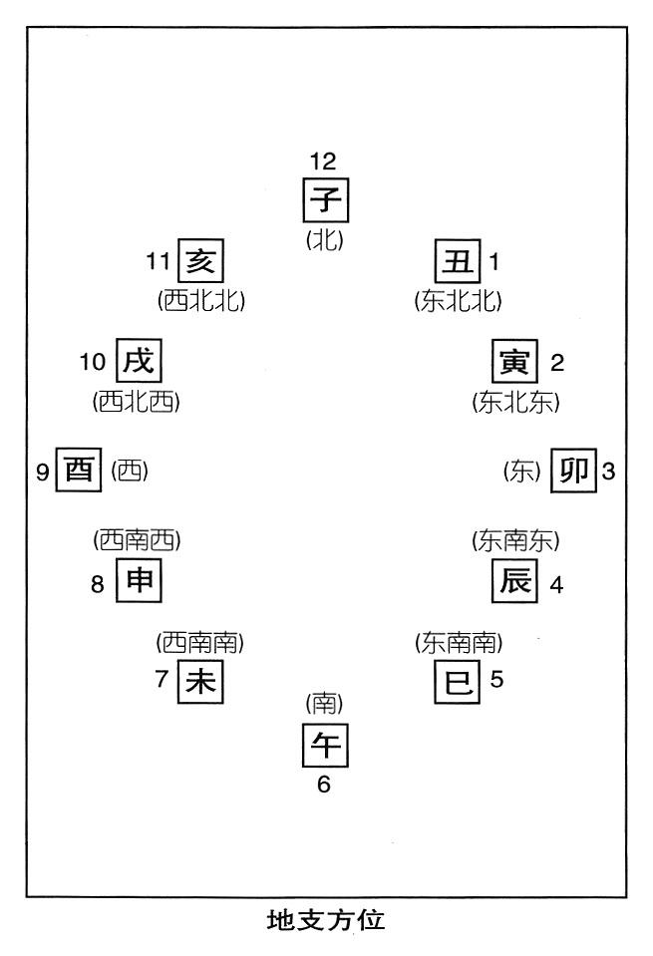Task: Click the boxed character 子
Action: coord(326,200)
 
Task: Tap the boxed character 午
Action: coord(326,745)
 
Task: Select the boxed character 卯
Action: coord(573,471)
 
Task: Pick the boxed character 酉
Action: coord(79,470)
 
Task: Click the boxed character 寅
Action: coord(515,362)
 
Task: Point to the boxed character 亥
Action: coord(200,261)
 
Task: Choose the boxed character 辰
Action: coord(515,580)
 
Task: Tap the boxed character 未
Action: coord(200,681)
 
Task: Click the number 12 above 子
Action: coord(323,161)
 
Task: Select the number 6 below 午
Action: coord(324,785)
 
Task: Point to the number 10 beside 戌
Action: coord(93,362)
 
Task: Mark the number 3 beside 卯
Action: coord(608,472)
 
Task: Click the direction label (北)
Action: coord(324,240)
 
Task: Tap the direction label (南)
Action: coord(324,704)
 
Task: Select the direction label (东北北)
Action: coord(458,301)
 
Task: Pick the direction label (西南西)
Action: coord(138,540)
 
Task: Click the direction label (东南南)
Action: coord(459,643)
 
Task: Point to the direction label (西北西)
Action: coord(137,402)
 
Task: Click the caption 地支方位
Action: coord(326,920)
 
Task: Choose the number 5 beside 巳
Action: coord(496,679)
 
